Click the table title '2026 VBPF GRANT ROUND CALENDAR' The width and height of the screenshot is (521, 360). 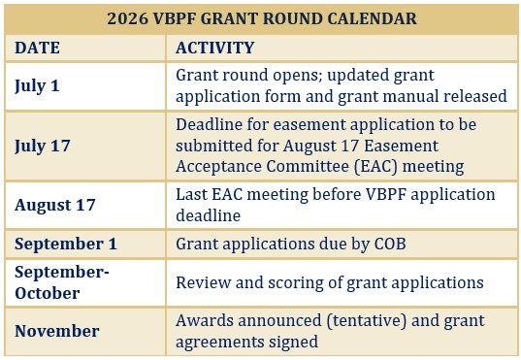pyautogui.click(x=262, y=18)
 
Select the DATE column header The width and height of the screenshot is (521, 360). pyautogui.click(x=37, y=48)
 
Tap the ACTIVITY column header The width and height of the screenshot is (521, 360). pyautogui.click(x=215, y=48)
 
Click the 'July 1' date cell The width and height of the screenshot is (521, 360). pyautogui.click(x=37, y=86)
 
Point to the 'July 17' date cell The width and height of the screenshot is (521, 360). pyautogui.click(x=43, y=147)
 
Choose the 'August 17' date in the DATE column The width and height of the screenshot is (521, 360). pyautogui.click(x=55, y=205)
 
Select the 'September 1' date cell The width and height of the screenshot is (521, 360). pyautogui.click(x=66, y=244)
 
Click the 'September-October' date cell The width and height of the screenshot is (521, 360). pyautogui.click(x=62, y=282)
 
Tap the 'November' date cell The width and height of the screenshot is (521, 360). pyautogui.click(x=57, y=331)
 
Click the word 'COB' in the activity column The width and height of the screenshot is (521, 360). pyautogui.click(x=390, y=244)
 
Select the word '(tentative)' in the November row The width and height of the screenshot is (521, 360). pyautogui.click(x=367, y=321)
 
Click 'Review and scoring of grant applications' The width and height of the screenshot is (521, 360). pyautogui.click(x=330, y=283)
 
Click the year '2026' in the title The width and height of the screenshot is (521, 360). pyautogui.click(x=128, y=18)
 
